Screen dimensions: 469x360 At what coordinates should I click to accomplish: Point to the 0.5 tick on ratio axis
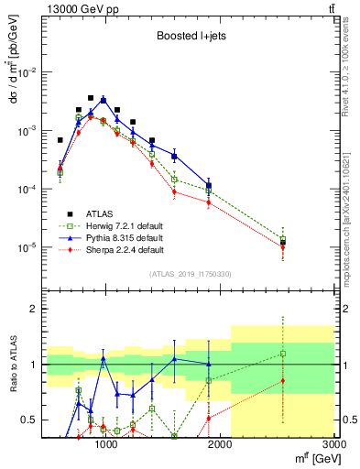click(30, 420)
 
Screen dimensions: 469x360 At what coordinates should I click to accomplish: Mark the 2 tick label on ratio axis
click(35, 309)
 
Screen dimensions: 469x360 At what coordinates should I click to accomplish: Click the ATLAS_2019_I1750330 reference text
click(190, 274)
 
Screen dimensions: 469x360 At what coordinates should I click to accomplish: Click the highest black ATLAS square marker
click(91, 97)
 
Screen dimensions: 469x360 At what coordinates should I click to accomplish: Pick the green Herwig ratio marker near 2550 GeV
click(283, 354)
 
